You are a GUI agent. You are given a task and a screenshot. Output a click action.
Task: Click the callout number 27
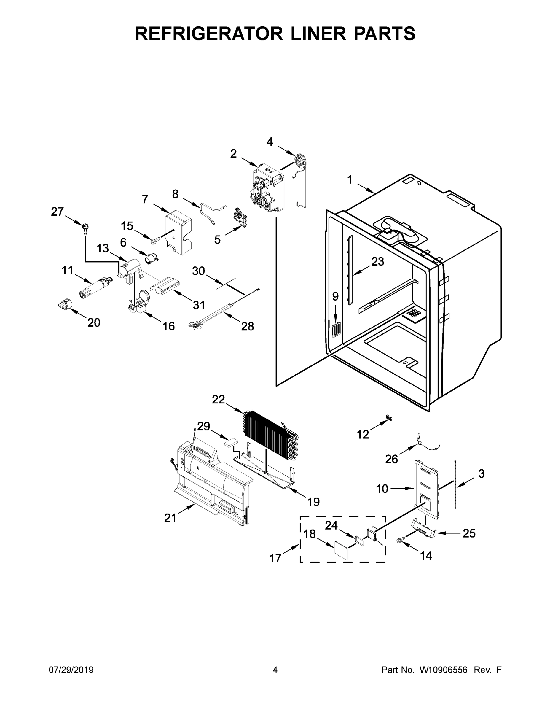pyautogui.click(x=57, y=212)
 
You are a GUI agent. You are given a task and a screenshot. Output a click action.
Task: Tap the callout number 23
pyautogui.click(x=378, y=261)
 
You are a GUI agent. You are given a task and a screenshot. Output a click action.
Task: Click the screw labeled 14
pyautogui.click(x=399, y=541)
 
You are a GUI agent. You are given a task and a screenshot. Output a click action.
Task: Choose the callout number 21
pyautogui.click(x=170, y=518)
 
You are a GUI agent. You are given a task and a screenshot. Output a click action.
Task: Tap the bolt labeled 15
pyautogui.click(x=155, y=241)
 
